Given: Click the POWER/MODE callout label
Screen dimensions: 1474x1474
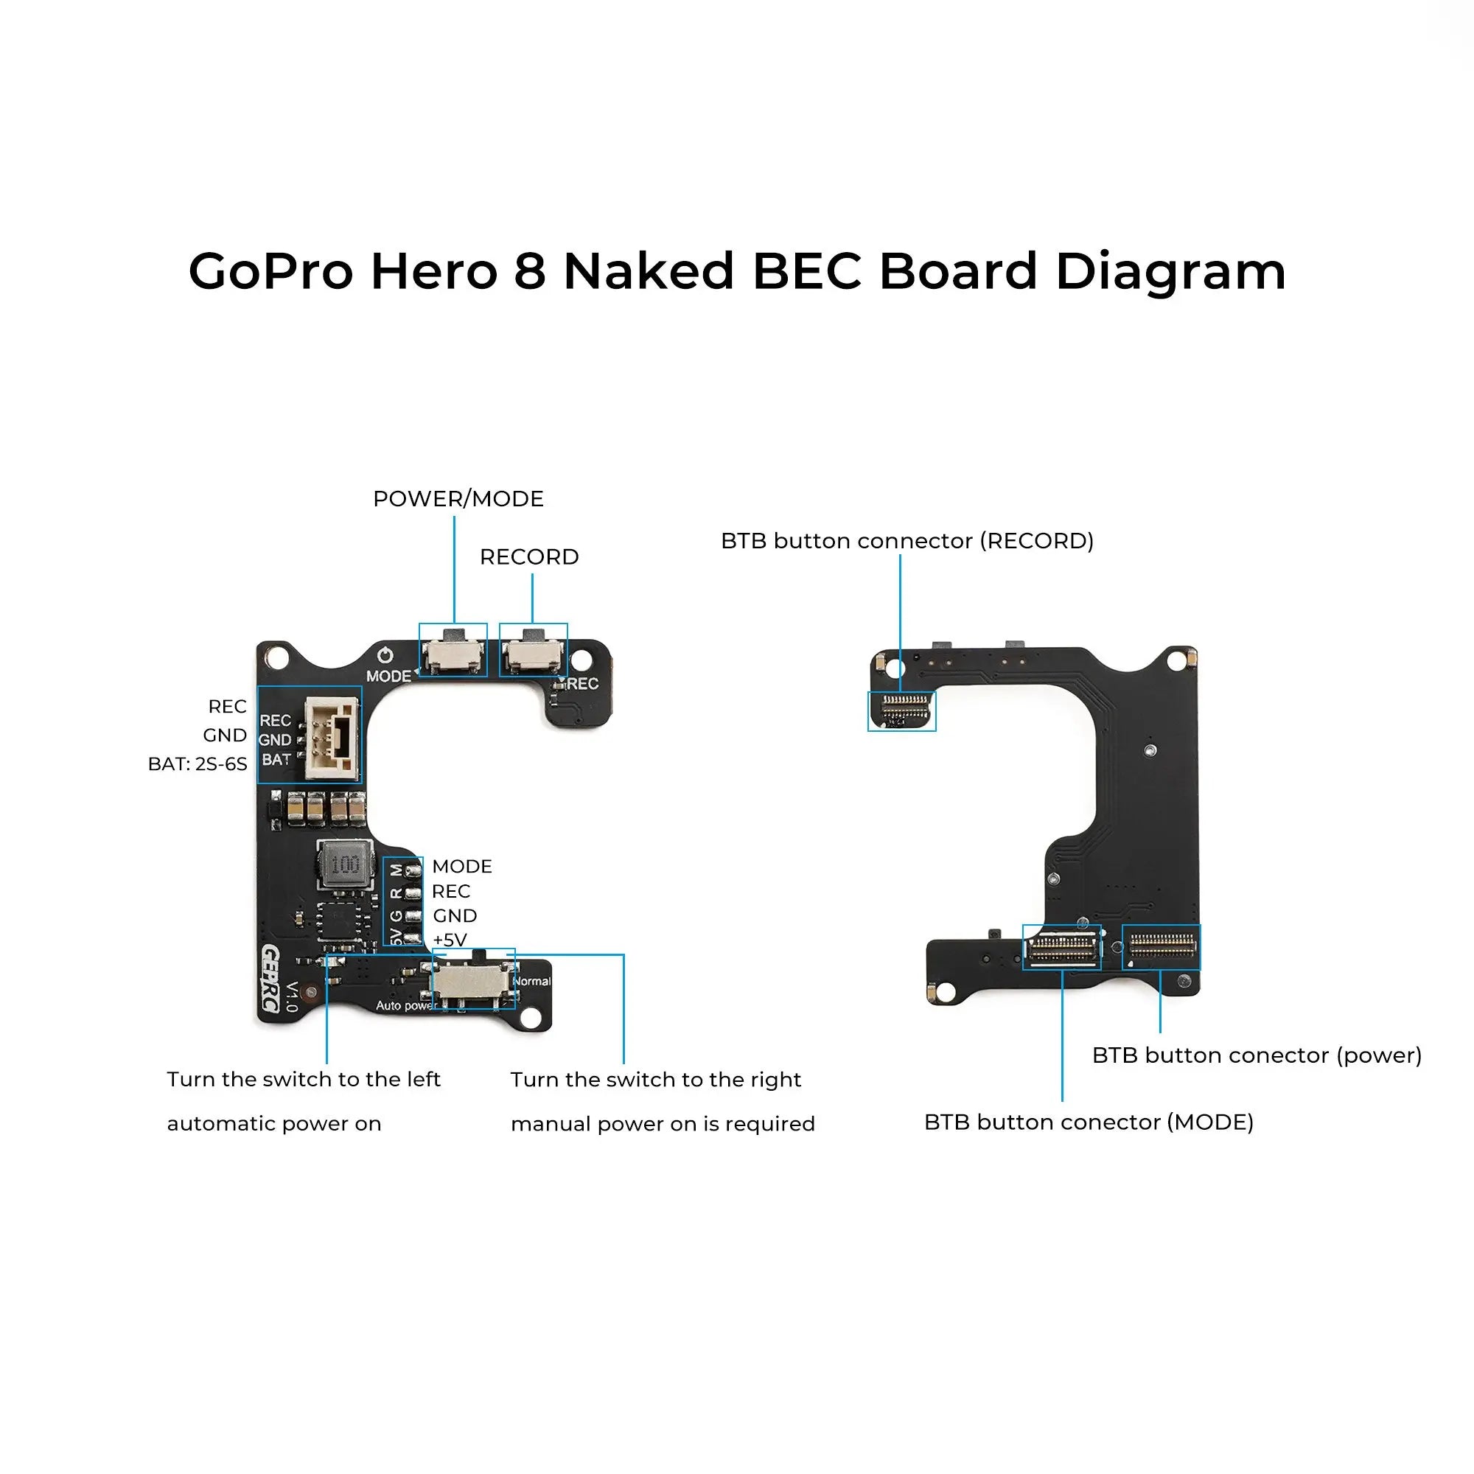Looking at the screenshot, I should (458, 499).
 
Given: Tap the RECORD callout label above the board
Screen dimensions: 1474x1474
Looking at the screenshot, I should (528, 557).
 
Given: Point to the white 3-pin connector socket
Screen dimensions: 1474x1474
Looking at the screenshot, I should (332, 738).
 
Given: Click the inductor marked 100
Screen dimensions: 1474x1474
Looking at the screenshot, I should (346, 865).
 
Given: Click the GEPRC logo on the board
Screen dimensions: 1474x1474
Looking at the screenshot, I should (270, 979).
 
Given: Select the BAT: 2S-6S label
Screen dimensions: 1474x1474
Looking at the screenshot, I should (198, 764).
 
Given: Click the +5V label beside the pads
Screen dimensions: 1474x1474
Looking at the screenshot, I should (450, 940).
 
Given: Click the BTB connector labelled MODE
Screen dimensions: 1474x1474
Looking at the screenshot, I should (1061, 948).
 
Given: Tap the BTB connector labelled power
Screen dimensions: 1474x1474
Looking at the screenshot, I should (1161, 947).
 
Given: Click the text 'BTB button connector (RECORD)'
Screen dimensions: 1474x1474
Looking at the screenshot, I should (907, 541).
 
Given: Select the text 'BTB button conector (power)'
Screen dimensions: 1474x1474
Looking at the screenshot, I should (1257, 1055).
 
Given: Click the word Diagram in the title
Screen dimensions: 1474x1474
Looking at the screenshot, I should (1170, 272).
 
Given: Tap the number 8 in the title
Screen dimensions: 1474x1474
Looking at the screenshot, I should (529, 272).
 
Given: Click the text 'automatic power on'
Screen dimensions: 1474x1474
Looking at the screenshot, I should (274, 1124).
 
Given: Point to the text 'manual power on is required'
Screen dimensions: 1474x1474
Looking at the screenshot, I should (663, 1124).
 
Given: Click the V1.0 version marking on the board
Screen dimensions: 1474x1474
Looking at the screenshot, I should (291, 996).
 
